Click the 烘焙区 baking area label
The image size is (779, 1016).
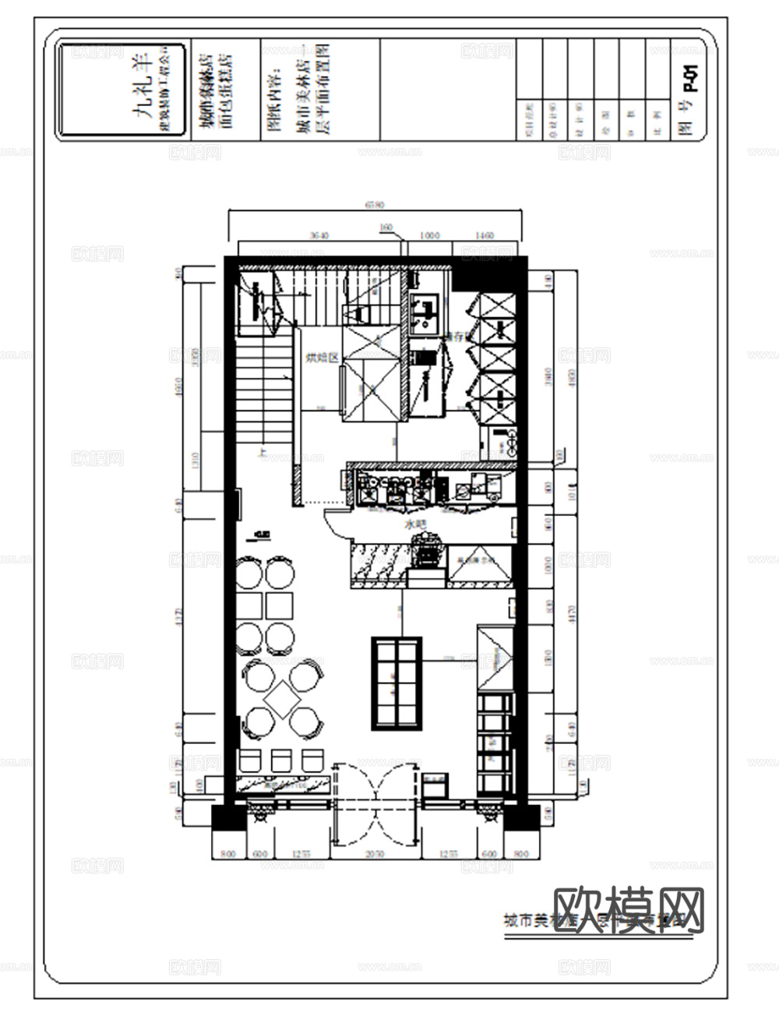[x=320, y=358]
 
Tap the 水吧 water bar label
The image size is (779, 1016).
[x=413, y=526]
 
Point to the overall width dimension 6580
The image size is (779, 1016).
[x=375, y=205]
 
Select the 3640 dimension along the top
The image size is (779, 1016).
[x=319, y=235]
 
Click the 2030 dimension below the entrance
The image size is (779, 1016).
[x=375, y=854]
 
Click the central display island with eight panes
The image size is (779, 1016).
[x=397, y=683]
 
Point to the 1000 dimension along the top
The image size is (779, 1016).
[x=429, y=235]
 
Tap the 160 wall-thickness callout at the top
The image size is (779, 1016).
[x=386, y=228]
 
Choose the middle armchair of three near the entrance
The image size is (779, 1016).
[x=280, y=759]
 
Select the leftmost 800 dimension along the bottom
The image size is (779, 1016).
[x=228, y=854]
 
